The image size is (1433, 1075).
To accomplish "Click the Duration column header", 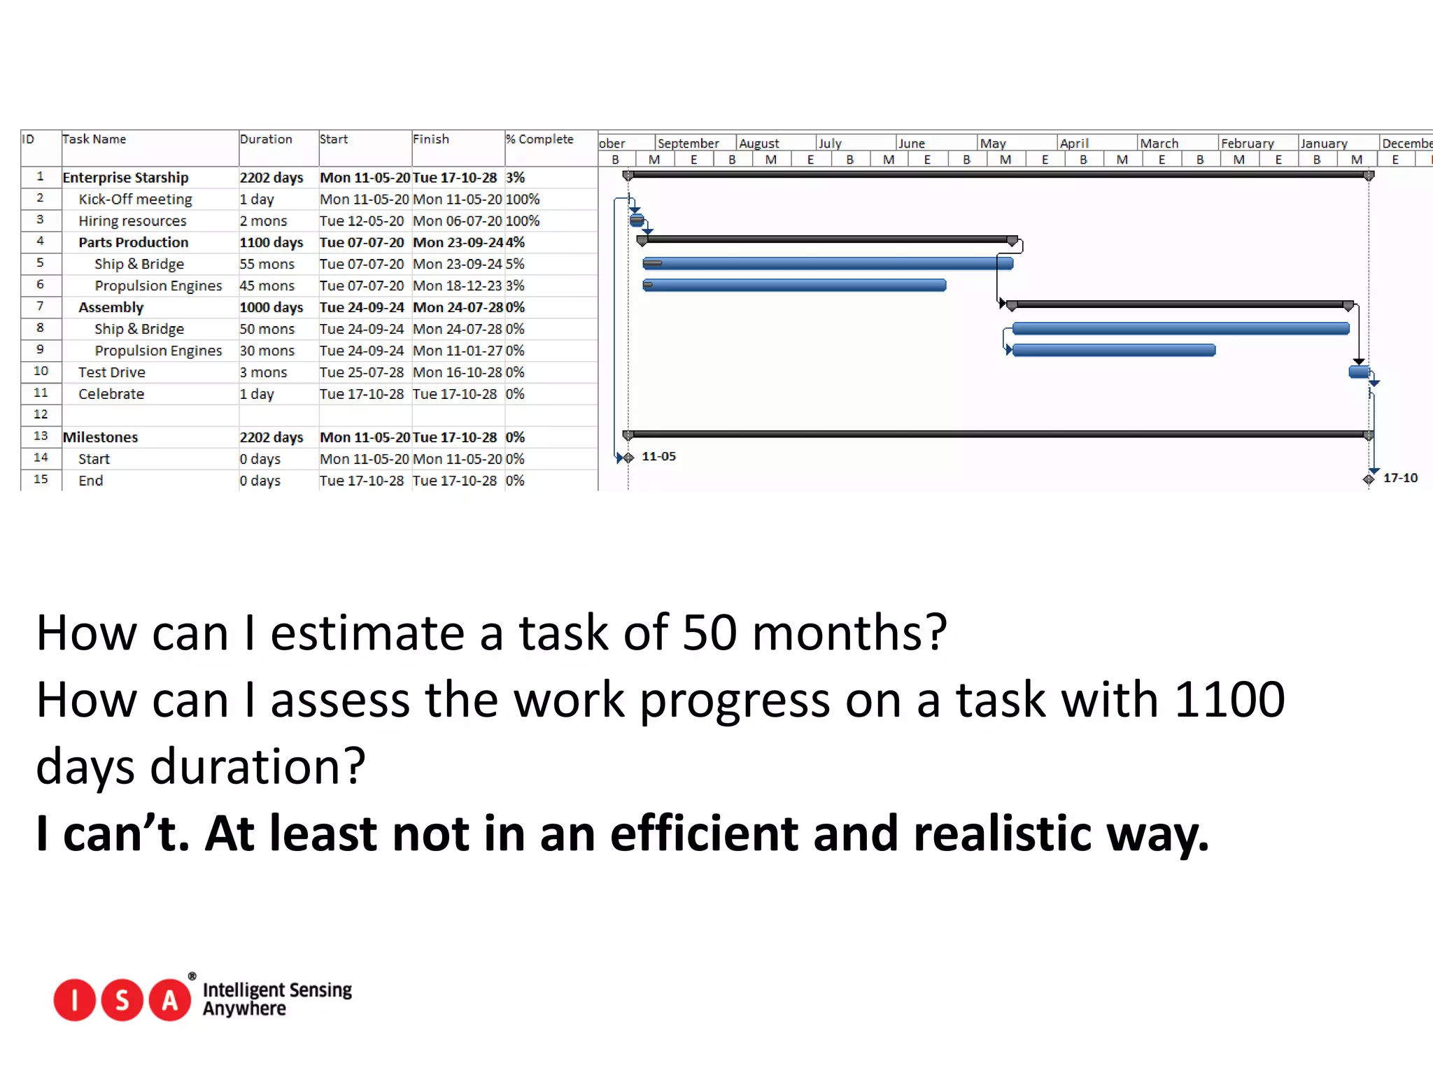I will (266, 139).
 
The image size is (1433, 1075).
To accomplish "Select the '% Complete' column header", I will (539, 139).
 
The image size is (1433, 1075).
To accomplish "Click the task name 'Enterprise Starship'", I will (126, 178).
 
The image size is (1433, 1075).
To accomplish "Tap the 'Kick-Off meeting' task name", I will (135, 199).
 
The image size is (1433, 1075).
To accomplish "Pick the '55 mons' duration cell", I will (267, 265).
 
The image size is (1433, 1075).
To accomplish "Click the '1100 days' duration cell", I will (271, 243).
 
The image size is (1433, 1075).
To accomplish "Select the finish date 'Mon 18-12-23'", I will (458, 286).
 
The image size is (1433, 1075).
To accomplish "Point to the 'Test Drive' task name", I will (112, 372).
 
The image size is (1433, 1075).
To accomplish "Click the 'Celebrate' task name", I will (111, 394).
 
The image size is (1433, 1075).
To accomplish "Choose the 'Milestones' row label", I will (101, 437).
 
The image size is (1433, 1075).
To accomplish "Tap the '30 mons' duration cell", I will (267, 351).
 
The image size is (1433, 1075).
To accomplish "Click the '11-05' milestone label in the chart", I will (658, 456).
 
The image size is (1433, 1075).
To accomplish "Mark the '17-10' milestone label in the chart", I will (1400, 478).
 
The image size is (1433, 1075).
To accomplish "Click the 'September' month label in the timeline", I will (689, 143).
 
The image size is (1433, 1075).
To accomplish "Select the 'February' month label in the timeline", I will (1248, 143).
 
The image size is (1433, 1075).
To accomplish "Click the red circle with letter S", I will (122, 1000).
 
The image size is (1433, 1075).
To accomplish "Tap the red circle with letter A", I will (169, 1000).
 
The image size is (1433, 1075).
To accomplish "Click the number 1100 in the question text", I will (1229, 699).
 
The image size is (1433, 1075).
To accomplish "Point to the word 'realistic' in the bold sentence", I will (1002, 834).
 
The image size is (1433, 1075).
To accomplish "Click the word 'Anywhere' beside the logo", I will (244, 1009).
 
